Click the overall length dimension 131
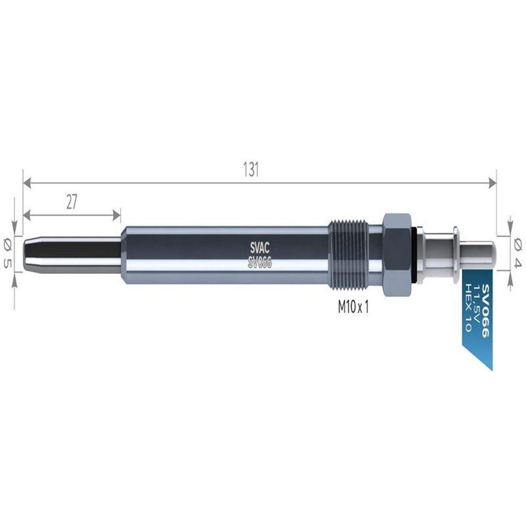tap(251, 170)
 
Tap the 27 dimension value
tap(72, 203)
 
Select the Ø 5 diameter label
tap(7, 254)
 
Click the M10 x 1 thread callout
tap(353, 307)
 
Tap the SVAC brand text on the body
tap(260, 248)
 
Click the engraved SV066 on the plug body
tap(260, 262)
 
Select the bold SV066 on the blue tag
tap(485, 311)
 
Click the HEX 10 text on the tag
tap(468, 307)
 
